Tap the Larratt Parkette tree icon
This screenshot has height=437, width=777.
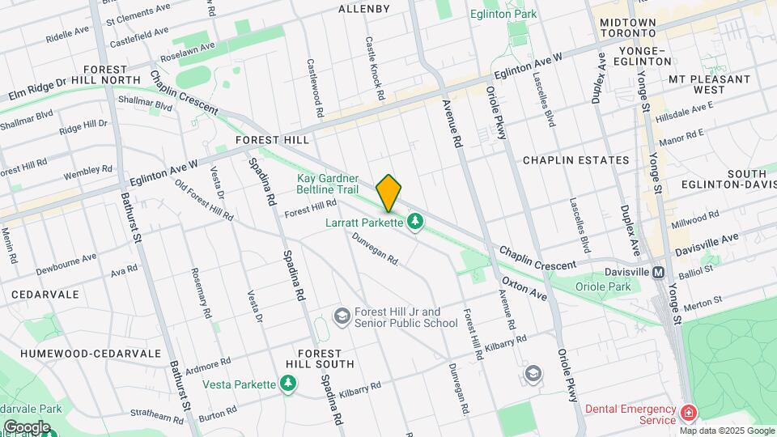pyautogui.click(x=416, y=221)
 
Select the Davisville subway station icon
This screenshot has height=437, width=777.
pyautogui.click(x=659, y=273)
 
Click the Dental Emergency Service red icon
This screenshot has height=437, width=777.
pyautogui.click(x=688, y=414)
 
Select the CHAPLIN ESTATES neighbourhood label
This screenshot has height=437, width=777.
pyautogui.click(x=575, y=160)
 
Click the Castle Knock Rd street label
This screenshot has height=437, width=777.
pyautogui.click(x=374, y=68)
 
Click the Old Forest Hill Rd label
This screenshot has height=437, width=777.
pyautogui.click(x=204, y=200)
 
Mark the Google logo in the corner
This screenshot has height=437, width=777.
pyautogui.click(x=26, y=427)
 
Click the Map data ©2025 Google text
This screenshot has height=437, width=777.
pyautogui.click(x=727, y=431)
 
